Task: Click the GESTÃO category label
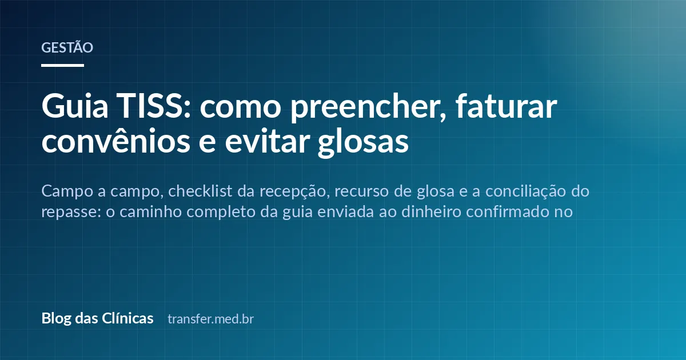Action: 67,47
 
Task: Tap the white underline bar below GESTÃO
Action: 62,65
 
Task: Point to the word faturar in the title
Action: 506,106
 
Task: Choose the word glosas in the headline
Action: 363,143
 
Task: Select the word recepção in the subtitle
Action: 294,193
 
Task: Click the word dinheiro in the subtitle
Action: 431,211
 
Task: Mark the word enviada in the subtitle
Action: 345,211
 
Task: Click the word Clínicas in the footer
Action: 127,318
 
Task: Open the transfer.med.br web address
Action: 211,319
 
